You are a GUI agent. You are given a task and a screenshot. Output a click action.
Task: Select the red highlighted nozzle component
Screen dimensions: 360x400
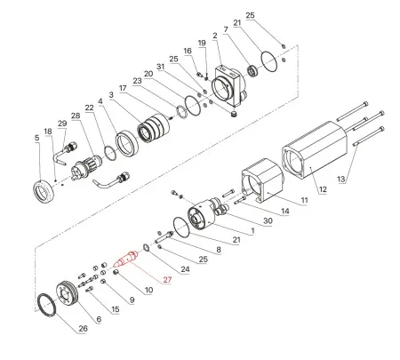coord(127,260)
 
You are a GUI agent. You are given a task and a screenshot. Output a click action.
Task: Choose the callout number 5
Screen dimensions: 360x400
coord(36,139)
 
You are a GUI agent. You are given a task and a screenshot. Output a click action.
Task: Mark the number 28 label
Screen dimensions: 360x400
coord(76,116)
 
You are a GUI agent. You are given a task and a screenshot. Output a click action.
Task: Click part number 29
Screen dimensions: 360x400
coord(61,123)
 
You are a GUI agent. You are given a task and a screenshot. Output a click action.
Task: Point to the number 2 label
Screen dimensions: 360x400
coord(215,36)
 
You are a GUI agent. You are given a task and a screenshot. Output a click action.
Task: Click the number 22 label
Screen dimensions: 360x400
coord(90,108)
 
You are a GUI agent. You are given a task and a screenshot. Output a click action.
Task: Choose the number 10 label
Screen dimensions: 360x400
coord(148,290)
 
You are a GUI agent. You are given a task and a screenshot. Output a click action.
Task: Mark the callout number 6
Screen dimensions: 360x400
coord(99,318)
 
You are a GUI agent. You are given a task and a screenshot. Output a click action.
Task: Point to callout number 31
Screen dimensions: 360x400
coord(161,66)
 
